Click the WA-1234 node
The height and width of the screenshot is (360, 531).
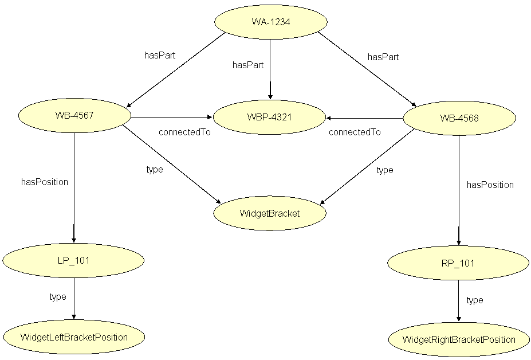(x=270, y=22)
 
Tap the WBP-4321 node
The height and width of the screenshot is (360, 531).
(x=269, y=118)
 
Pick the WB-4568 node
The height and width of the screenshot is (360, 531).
(x=459, y=119)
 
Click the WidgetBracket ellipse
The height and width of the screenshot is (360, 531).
(x=269, y=214)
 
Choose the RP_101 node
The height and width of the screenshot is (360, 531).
(x=459, y=264)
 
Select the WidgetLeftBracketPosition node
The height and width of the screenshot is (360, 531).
(x=73, y=337)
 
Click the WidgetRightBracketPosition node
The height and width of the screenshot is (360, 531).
(x=459, y=340)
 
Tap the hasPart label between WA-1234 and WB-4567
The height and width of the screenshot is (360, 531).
(x=159, y=56)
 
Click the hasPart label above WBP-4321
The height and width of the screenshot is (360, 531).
(x=247, y=65)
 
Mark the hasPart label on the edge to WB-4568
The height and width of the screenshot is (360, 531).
(x=383, y=57)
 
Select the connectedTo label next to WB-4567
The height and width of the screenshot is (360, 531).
(x=184, y=132)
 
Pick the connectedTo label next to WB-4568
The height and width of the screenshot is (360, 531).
(x=355, y=132)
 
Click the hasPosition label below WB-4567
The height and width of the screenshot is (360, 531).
(x=45, y=182)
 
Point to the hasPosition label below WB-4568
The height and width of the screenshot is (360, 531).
(x=490, y=185)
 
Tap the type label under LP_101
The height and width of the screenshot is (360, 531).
(x=58, y=297)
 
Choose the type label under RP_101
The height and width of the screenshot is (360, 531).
(x=475, y=300)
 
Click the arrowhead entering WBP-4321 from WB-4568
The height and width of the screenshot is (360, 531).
(x=329, y=118)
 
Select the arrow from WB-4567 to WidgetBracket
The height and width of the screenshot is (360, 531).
(x=172, y=162)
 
